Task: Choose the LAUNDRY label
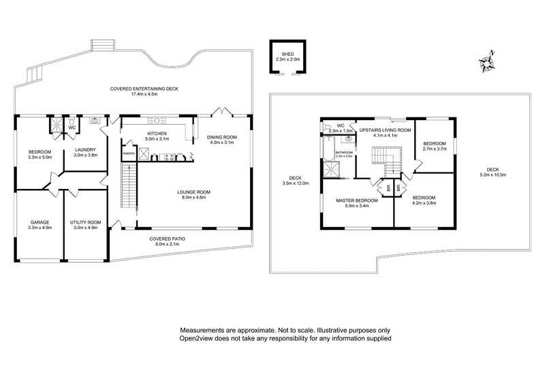click(85, 149)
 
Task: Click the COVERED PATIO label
click(166, 239)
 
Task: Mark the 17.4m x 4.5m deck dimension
click(144, 94)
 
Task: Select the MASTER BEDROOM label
click(357, 201)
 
